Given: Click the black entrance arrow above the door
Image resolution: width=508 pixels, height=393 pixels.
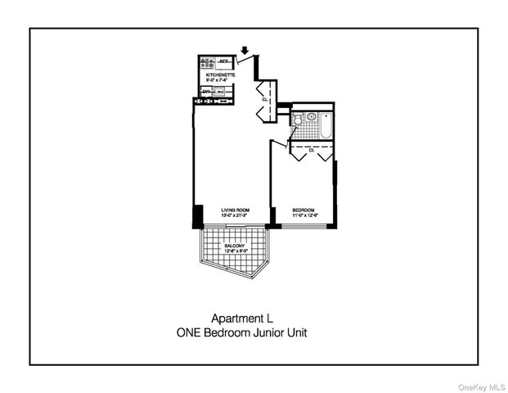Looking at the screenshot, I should pos(245,50).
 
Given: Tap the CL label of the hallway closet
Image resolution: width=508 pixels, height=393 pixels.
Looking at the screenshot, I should pos(264,99).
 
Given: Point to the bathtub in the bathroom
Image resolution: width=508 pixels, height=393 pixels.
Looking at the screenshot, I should pos(325,124).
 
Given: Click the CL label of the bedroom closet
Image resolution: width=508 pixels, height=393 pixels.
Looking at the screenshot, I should pos(311,150).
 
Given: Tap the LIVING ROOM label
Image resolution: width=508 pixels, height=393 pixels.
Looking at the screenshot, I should pos(236,210).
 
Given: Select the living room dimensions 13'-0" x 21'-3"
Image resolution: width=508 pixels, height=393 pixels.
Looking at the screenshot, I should pos(236,216).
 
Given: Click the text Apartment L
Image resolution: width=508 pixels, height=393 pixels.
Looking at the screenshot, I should pos(242,318).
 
